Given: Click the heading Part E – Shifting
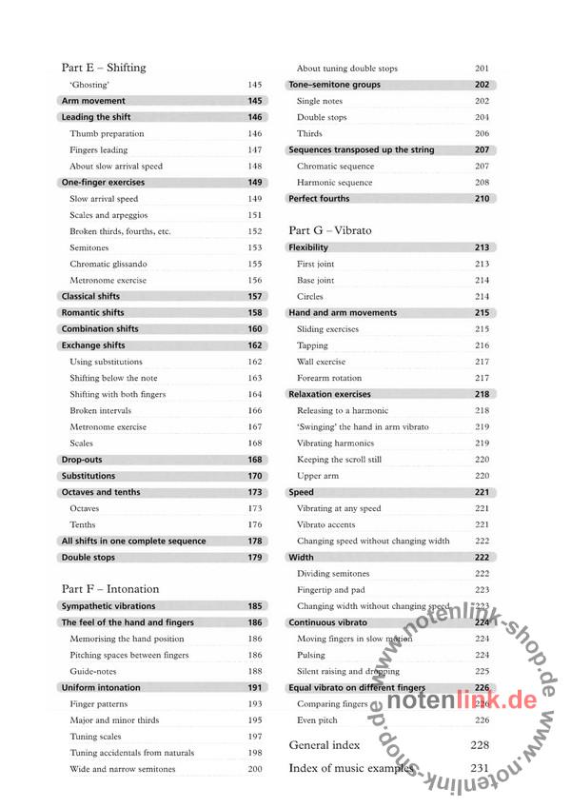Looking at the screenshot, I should (104, 68).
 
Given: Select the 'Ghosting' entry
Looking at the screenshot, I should (89, 85).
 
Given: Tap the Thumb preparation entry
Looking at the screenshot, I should (107, 133).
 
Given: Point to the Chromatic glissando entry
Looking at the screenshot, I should (108, 264).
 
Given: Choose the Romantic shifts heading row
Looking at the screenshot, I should (92, 312).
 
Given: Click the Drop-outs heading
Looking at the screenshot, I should (82, 460).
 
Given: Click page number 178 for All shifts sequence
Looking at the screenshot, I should (255, 541).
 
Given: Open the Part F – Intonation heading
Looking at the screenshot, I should (110, 589).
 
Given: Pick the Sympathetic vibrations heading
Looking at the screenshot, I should (108, 606).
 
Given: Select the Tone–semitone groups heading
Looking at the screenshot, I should (334, 85).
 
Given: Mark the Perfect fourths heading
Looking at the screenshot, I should (319, 199).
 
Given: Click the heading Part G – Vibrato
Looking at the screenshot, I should (329, 230).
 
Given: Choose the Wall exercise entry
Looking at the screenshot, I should (321, 362).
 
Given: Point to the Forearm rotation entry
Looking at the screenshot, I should (329, 378).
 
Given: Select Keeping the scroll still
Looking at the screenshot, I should (339, 459).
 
